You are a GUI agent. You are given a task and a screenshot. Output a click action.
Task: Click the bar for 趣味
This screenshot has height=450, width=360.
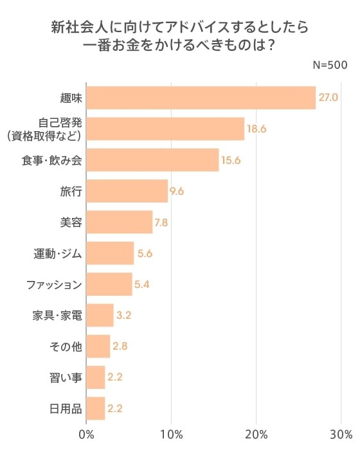[201, 98]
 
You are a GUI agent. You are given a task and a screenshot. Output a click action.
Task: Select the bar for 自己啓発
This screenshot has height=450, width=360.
[165, 129]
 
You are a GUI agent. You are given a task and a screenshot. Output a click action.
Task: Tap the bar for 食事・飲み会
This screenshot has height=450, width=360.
[152, 160]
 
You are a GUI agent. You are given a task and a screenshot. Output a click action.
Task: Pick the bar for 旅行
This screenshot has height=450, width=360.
[127, 191]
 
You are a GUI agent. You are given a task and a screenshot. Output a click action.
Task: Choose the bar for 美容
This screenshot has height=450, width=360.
[119, 222]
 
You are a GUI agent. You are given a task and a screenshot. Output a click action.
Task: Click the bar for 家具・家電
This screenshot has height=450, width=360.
[100, 315]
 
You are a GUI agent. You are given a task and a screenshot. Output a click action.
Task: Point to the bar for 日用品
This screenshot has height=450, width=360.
[95, 408]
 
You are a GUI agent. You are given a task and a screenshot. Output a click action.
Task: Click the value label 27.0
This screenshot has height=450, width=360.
[328, 98]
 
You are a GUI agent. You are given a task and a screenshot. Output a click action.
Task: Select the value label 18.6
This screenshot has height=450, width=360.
[256, 129]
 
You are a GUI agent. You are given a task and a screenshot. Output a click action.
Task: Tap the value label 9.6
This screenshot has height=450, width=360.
[177, 191]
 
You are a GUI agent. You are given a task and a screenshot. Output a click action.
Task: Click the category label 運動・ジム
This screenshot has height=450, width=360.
[58, 253]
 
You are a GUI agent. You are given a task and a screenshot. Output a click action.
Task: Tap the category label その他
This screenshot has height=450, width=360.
[66, 346]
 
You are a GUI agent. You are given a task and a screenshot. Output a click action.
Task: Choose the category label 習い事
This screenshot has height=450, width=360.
[66, 377]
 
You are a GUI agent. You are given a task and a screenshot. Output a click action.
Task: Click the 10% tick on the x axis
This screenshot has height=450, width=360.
[171, 433]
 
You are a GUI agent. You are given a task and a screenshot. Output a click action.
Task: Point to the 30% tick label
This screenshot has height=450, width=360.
[341, 433]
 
